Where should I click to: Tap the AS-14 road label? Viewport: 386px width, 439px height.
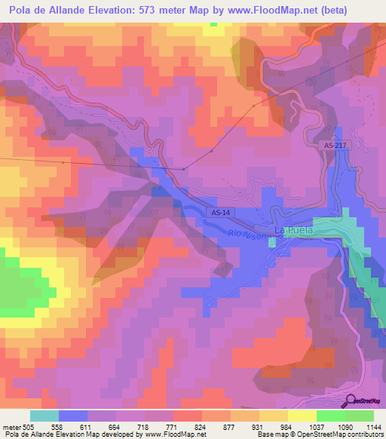tap(218, 213)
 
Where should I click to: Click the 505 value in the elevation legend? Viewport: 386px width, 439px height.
tap(29, 426)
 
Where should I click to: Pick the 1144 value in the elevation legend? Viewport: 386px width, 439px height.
tap(373, 426)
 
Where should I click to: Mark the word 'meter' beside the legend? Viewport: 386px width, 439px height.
tap(10, 426)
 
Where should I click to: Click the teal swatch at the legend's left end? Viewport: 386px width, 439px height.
tap(44, 416)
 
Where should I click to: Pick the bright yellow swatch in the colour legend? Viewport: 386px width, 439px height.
tap(302, 416)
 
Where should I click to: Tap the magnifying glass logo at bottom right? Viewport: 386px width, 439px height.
tap(351, 400)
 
